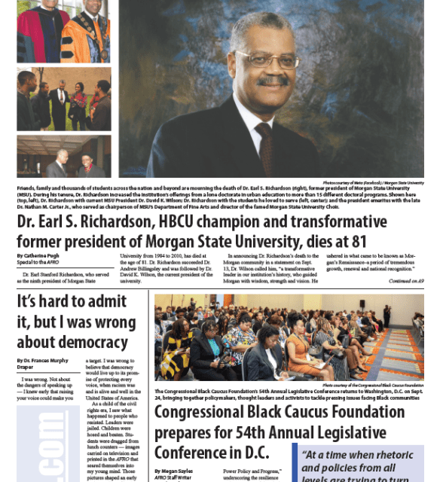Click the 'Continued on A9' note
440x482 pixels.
[x=406, y=281]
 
